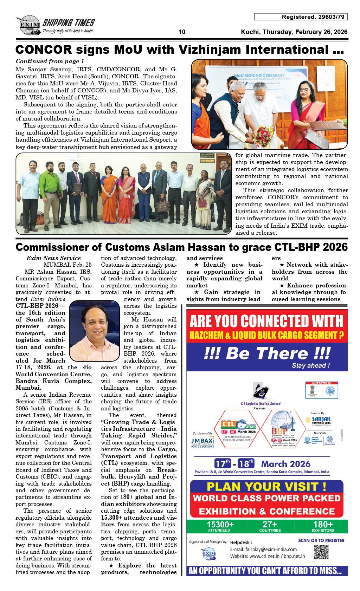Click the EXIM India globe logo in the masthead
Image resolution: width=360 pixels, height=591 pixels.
[27, 27]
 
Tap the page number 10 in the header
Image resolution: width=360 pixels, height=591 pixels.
[182, 32]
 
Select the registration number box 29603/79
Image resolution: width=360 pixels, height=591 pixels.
[301, 17]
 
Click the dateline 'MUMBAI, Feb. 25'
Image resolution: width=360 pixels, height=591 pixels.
[67, 265]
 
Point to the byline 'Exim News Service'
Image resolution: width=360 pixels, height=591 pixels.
[53, 258]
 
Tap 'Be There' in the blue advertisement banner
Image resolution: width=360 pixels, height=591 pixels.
[267, 353]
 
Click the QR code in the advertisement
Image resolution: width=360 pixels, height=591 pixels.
[321, 552]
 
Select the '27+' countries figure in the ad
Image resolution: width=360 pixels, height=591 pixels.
[270, 525]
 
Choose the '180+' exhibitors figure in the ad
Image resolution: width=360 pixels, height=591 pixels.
[323, 525]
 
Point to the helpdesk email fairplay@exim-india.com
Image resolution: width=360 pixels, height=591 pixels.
[263, 549]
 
